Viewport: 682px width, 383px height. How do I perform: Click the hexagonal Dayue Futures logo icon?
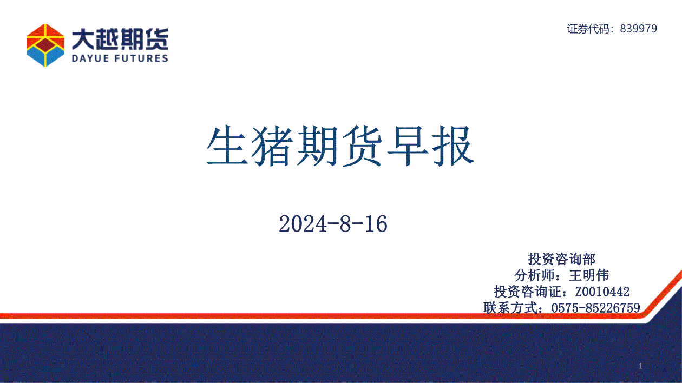click(45, 45)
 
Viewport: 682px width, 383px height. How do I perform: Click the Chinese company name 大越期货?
click(120, 39)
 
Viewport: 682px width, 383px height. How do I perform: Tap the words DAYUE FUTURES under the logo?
click(120, 58)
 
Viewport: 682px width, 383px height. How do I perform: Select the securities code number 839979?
click(639, 29)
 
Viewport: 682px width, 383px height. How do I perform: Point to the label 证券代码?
click(588, 29)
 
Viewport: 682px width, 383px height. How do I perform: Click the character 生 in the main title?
click(227, 146)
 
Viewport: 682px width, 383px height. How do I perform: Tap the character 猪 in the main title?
click(272, 146)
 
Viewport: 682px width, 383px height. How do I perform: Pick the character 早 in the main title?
click(408, 146)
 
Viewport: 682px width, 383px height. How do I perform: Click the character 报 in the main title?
click(453, 146)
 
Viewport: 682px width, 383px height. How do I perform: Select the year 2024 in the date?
click(303, 224)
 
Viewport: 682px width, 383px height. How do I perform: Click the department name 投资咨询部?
click(562, 259)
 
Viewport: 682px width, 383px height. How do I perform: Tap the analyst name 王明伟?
click(589, 275)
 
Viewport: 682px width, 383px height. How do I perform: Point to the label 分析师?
click(534, 275)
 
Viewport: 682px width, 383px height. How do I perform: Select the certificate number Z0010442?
click(602, 292)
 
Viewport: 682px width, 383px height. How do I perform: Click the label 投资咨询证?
click(527, 292)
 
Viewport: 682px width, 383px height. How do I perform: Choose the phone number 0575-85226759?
click(595, 308)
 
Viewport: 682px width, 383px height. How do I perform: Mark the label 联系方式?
click(510, 308)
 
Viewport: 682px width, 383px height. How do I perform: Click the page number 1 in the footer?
click(641, 366)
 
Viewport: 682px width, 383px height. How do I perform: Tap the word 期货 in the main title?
click(340, 146)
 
